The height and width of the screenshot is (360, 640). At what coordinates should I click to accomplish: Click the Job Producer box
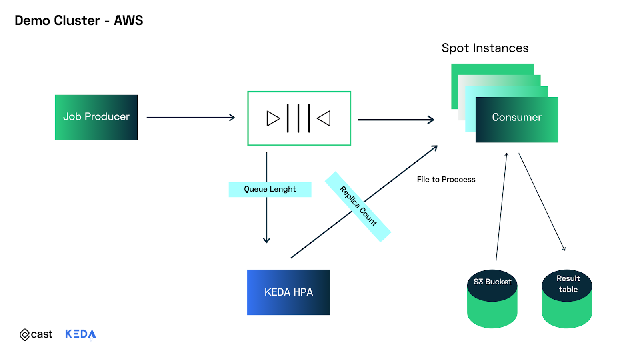pyautogui.click(x=96, y=117)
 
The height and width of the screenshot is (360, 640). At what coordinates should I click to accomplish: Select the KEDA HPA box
pyautogui.click(x=288, y=292)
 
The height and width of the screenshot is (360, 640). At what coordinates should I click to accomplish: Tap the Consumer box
pyautogui.click(x=516, y=119)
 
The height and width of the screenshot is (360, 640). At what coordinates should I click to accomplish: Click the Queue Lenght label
pyautogui.click(x=270, y=189)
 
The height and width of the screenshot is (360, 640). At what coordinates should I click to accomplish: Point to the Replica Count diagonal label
pyautogui.click(x=358, y=206)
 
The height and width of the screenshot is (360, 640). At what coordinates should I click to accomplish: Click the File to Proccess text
pyautogui.click(x=446, y=180)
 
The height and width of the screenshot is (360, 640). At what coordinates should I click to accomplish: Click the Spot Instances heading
pyautogui.click(x=485, y=48)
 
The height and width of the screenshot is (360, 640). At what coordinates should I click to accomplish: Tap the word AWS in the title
pyautogui.click(x=128, y=20)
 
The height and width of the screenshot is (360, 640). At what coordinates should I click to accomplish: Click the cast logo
pyautogui.click(x=36, y=334)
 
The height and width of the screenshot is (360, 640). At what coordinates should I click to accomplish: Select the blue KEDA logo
pyautogui.click(x=80, y=334)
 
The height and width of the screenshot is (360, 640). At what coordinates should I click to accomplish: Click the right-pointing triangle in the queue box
pyautogui.click(x=273, y=118)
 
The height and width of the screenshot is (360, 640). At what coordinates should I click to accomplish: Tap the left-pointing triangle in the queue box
pyautogui.click(x=324, y=118)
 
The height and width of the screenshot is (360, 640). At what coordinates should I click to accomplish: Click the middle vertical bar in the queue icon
pyautogui.click(x=298, y=118)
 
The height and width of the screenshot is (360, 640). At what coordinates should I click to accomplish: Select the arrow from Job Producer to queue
pyautogui.click(x=190, y=118)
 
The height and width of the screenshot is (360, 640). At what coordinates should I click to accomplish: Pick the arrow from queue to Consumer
pyautogui.click(x=396, y=120)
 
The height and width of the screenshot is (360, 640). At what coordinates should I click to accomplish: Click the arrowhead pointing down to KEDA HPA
pyautogui.click(x=266, y=240)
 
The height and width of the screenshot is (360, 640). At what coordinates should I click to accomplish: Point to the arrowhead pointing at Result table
pyautogui.click(x=564, y=248)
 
